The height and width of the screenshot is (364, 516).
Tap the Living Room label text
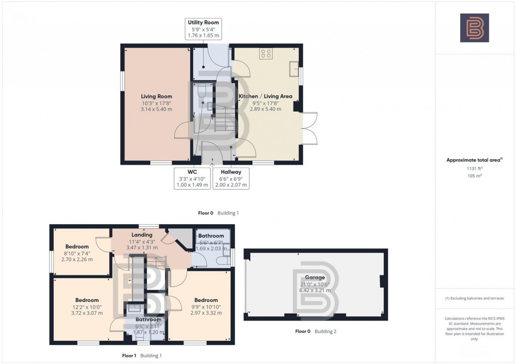[156, 102]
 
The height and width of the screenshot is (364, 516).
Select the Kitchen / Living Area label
[266, 102]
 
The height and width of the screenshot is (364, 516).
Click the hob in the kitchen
[267, 53]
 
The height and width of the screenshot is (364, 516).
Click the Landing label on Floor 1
[142, 241]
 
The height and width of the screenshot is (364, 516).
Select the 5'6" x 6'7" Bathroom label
[211, 242]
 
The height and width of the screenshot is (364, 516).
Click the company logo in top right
[474, 28]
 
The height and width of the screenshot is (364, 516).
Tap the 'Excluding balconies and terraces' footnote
[474, 298]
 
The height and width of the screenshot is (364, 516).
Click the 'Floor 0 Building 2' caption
[316, 332]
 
